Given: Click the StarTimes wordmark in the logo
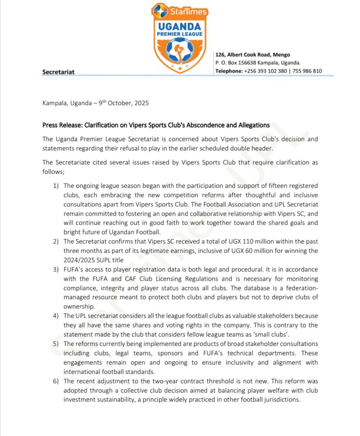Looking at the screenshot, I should tap(189, 11).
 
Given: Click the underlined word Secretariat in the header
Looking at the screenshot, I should tap(58, 72).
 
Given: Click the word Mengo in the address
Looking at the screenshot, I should tap(281, 54).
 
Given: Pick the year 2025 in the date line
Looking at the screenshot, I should tap(140, 103).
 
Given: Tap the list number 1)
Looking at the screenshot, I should tap(56, 186).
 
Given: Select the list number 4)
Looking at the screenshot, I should tap(56, 316).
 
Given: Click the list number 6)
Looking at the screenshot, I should tap(56, 381).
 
